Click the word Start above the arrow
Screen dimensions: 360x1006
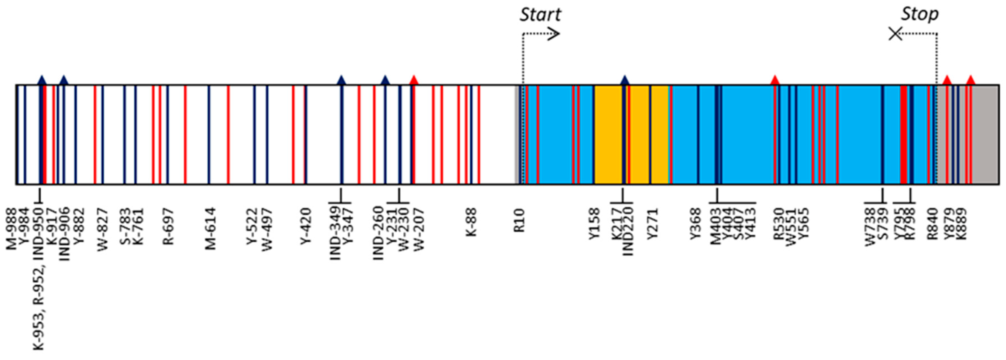click(540, 15)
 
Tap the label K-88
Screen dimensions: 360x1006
click(471, 223)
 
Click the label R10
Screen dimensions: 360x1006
click(519, 221)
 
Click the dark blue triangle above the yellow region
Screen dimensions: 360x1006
click(625, 80)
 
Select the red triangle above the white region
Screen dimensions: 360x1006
click(414, 80)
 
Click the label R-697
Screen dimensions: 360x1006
click(168, 227)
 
